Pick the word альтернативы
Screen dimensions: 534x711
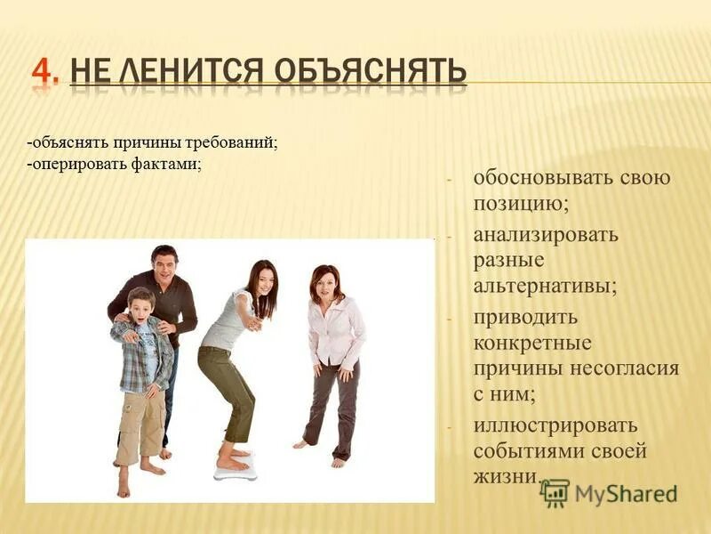coord(544,287)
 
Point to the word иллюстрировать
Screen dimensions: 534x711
coord(555,425)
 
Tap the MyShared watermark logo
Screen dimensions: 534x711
coord(610,492)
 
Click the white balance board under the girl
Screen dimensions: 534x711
coord(235,470)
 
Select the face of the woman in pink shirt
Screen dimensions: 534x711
coord(326,284)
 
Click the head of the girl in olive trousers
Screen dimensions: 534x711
coord(259,278)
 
